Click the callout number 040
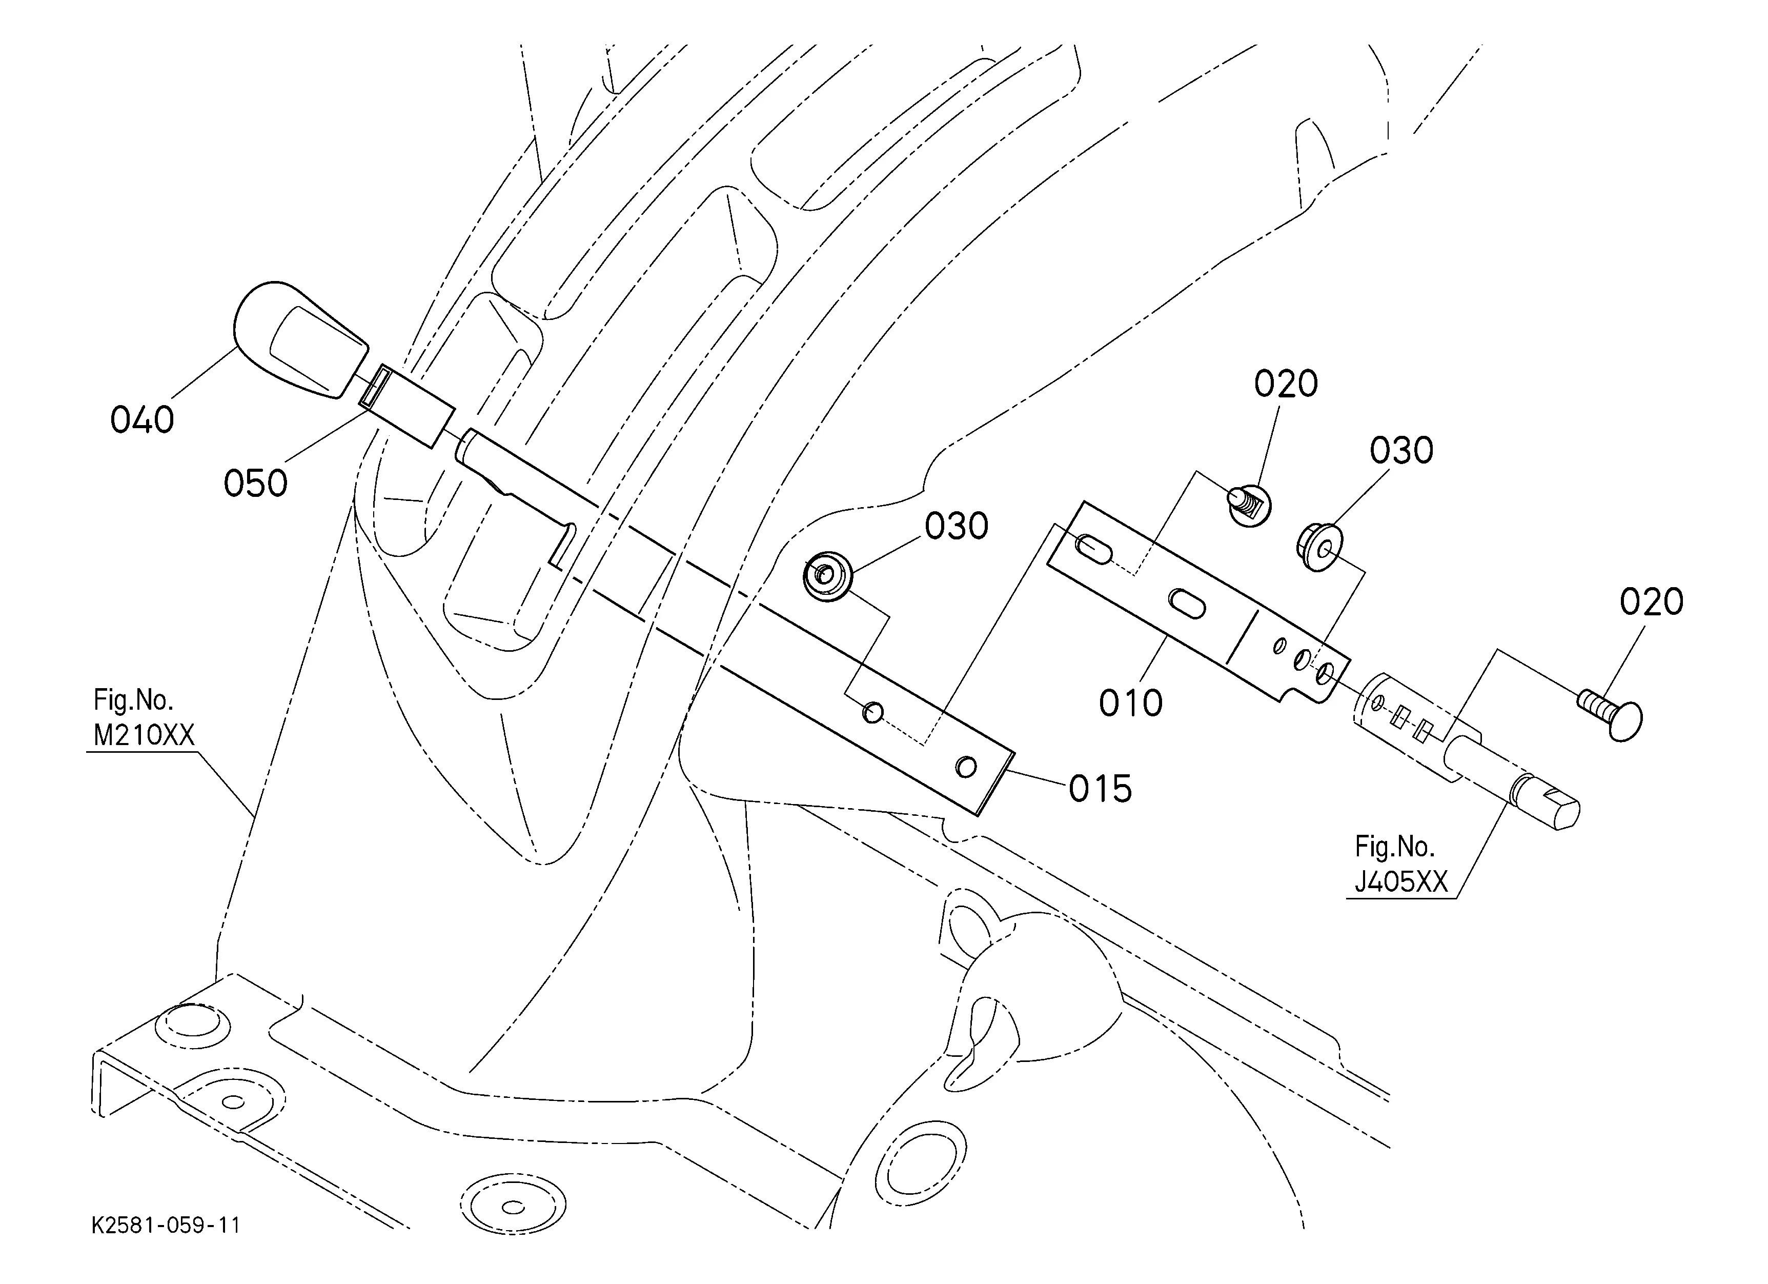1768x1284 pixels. point(142,420)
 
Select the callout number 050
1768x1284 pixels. point(256,484)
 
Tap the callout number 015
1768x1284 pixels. point(1100,790)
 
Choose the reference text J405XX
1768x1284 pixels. point(1401,882)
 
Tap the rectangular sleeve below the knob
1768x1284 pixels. point(406,406)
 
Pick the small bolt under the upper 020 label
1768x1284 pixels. point(1250,504)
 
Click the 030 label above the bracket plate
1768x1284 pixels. point(1401,451)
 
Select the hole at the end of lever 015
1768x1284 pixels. point(966,767)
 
